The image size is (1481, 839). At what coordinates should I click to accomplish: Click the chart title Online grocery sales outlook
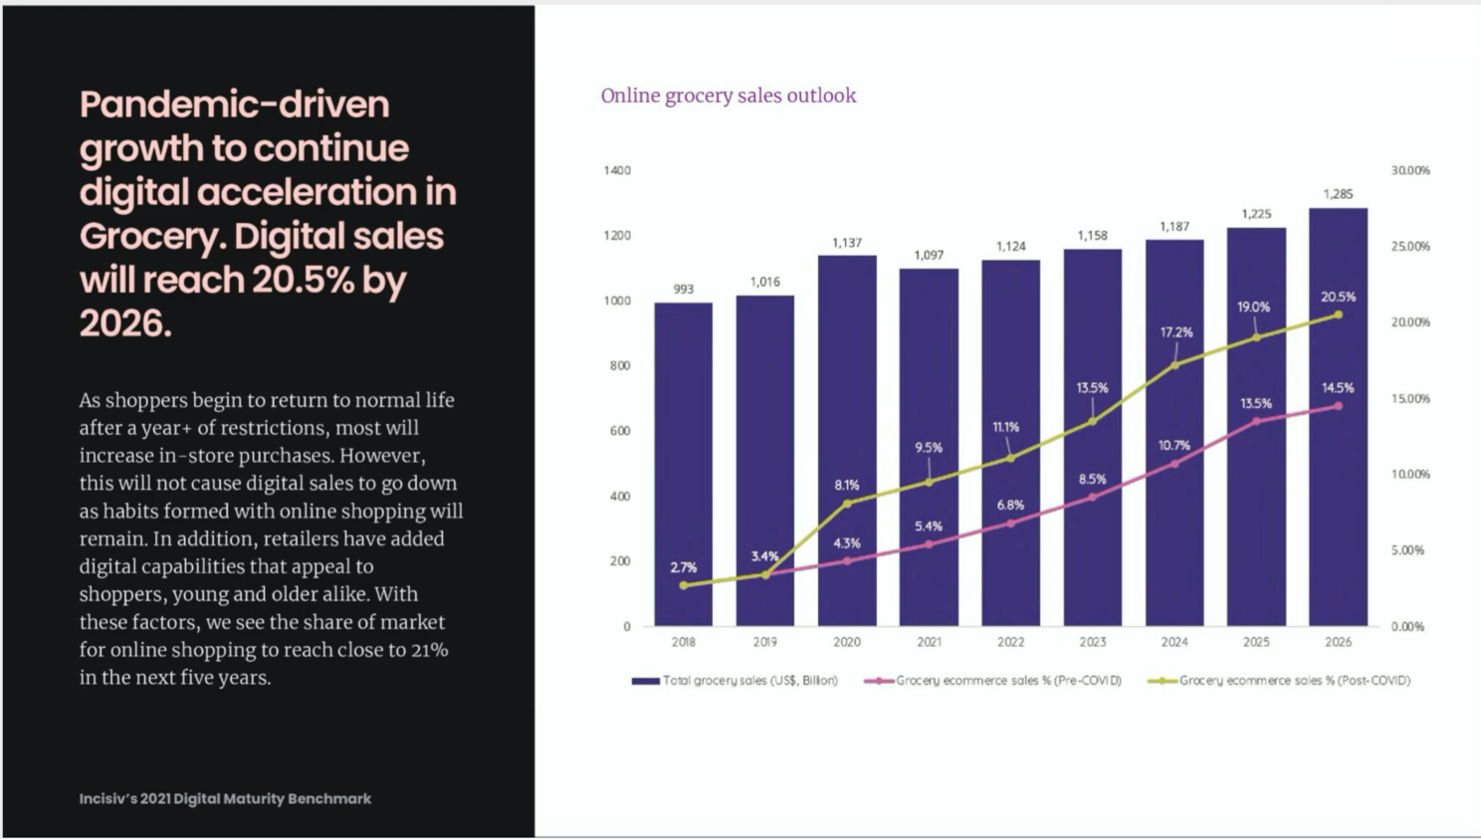pyautogui.click(x=728, y=96)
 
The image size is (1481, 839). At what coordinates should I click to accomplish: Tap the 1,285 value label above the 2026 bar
pyautogui.click(x=1338, y=194)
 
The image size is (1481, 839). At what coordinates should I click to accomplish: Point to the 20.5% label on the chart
pyautogui.click(x=1338, y=297)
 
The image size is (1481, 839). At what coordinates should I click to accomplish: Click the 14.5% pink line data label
pyautogui.click(x=1338, y=387)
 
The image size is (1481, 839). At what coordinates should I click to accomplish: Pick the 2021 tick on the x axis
pyautogui.click(x=929, y=642)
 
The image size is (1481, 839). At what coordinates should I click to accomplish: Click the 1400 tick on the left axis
pyautogui.click(x=616, y=170)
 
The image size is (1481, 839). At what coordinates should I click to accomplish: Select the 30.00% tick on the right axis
pyautogui.click(x=1409, y=170)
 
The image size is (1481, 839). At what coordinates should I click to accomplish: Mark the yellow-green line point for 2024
pyautogui.click(x=1174, y=365)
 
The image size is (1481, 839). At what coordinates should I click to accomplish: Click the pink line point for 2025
pyautogui.click(x=1256, y=421)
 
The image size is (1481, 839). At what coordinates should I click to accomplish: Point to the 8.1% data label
pyautogui.click(x=847, y=485)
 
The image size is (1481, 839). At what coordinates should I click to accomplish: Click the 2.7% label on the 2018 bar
pyautogui.click(x=683, y=567)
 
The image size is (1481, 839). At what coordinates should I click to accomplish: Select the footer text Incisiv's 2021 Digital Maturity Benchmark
pyautogui.click(x=225, y=798)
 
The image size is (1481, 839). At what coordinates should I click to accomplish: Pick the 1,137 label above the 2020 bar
pyautogui.click(x=847, y=243)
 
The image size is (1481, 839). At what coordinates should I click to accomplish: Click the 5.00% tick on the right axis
pyautogui.click(x=1407, y=550)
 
